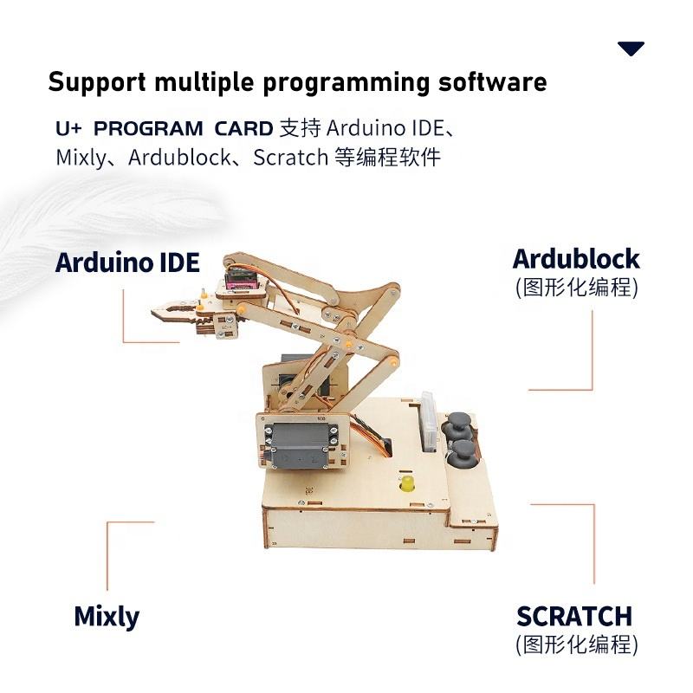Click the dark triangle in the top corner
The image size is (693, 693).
pos(631,49)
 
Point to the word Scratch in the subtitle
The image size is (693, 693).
pos(290,158)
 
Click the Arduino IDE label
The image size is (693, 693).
pos(127,262)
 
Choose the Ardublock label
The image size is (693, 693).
pos(576,259)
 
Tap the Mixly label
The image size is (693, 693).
pos(107,617)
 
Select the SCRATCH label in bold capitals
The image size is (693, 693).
pos(574,617)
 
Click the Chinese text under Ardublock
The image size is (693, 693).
pos(576,287)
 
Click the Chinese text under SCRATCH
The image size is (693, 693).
pos(576,644)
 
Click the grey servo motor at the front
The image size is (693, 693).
pos(302,443)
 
